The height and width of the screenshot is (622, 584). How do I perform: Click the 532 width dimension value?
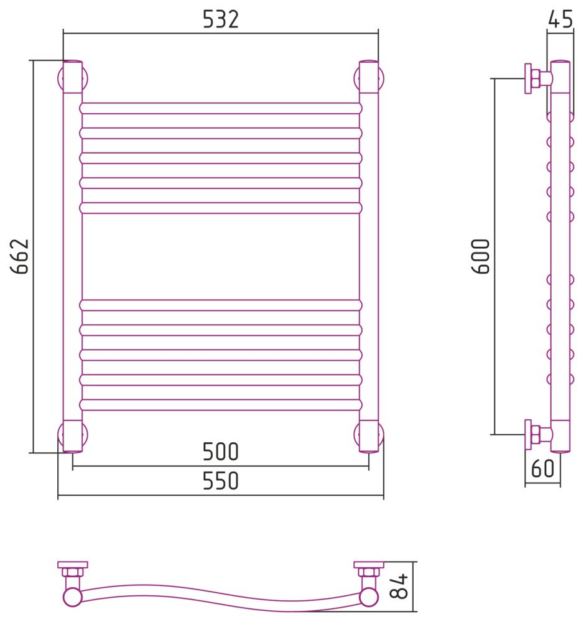(x=221, y=19)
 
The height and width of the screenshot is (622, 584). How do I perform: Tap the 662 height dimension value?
(x=19, y=256)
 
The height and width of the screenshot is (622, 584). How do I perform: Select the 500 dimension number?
(x=221, y=452)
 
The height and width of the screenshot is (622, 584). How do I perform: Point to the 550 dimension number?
(x=221, y=481)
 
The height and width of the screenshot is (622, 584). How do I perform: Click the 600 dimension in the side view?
(x=481, y=256)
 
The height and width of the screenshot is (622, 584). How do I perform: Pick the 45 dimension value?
(x=560, y=19)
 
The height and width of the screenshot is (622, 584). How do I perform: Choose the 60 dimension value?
(x=542, y=468)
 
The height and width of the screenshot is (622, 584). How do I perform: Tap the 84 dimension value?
(x=399, y=587)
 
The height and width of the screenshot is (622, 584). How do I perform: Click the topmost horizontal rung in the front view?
(x=221, y=108)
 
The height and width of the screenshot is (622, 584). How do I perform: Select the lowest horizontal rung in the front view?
(x=221, y=405)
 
